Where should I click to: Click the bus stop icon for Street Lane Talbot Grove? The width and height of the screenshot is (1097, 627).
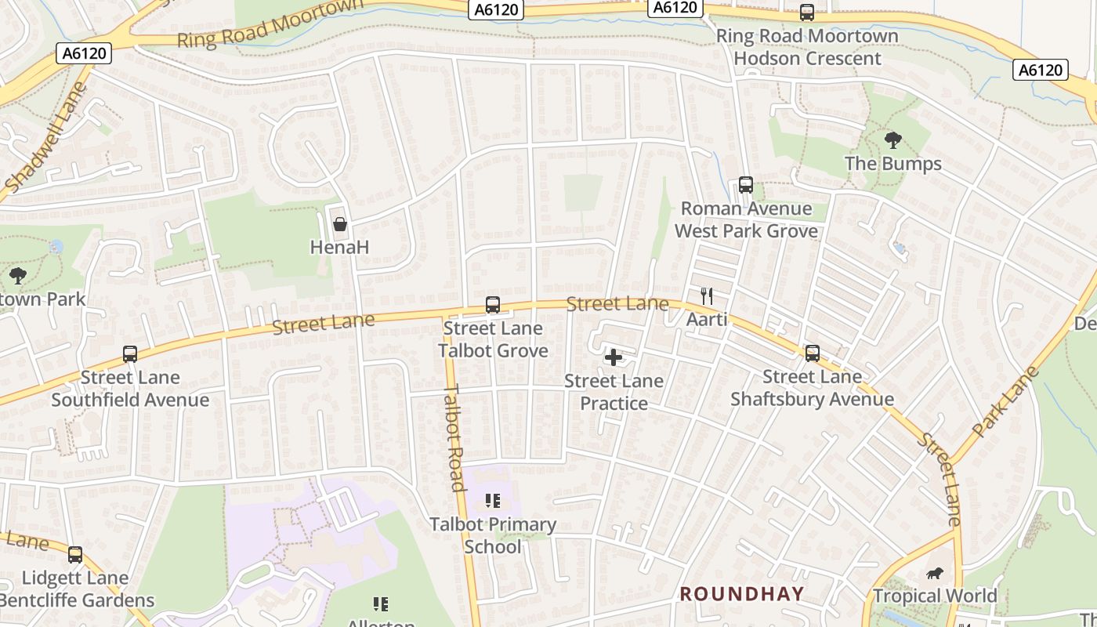pos(492,305)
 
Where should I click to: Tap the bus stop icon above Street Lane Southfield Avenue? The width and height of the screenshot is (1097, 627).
pos(130,354)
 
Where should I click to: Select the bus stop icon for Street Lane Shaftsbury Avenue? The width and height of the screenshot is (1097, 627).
pos(813,353)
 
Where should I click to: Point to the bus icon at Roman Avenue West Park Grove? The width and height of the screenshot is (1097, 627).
pos(746,186)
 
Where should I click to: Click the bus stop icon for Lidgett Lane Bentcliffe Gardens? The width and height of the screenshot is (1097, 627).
pos(75,555)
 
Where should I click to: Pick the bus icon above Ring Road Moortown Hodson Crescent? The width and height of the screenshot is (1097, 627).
pos(807,13)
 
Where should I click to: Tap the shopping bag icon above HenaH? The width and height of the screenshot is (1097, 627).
pos(340,225)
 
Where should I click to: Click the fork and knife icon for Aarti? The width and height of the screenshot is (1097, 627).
pos(707,296)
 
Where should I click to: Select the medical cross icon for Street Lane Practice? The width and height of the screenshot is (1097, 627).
pos(614,358)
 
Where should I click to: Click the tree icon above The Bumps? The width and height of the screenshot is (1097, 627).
pos(892,141)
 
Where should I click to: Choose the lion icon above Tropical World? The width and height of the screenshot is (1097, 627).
pos(935,573)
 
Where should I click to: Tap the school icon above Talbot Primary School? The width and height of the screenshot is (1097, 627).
pos(492,501)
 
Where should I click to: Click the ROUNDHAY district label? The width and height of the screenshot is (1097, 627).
pos(741,594)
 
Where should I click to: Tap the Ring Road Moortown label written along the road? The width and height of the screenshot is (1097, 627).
pos(270,25)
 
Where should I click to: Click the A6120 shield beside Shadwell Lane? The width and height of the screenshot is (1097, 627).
pos(84,53)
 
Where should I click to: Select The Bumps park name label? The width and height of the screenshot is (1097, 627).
pos(892,164)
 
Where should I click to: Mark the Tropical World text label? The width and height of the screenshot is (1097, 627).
pos(935,596)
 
